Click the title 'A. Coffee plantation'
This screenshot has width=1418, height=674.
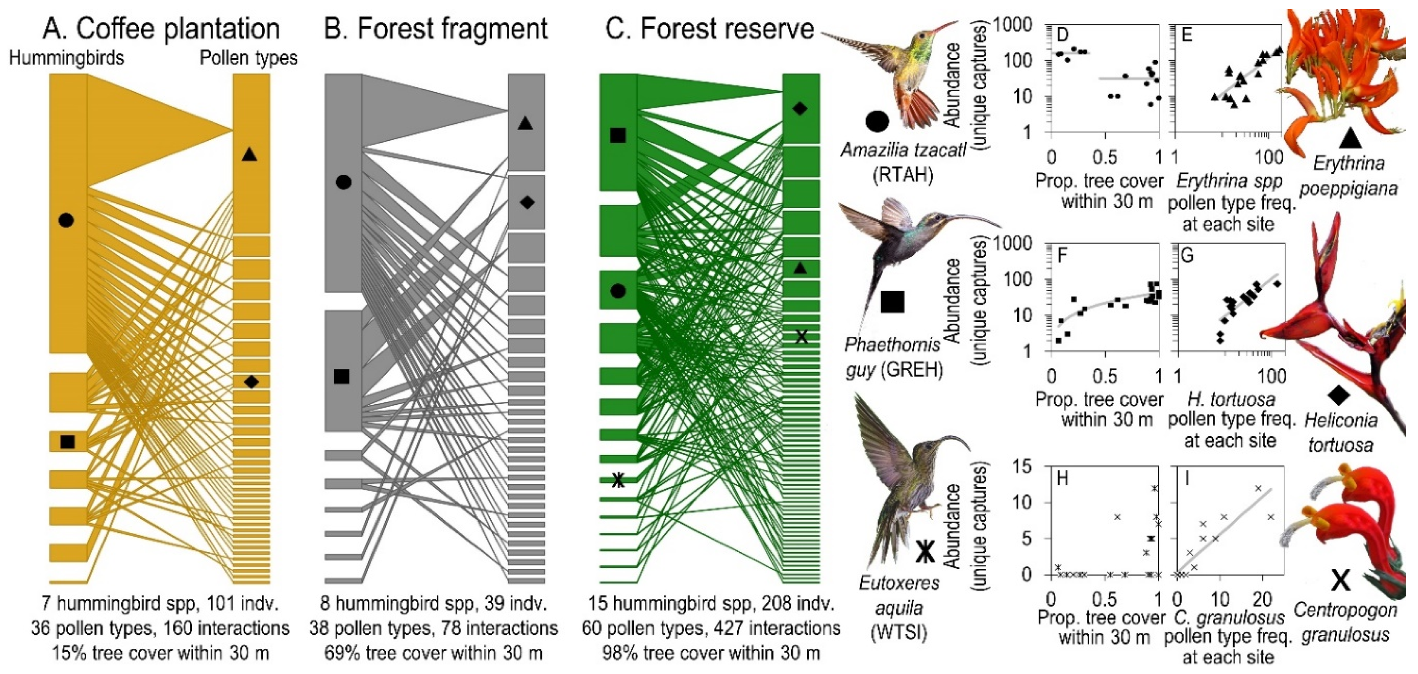[161, 29]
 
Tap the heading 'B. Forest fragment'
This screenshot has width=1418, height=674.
[436, 29]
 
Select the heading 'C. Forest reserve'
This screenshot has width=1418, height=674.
[709, 29]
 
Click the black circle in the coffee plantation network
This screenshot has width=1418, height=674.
[65, 220]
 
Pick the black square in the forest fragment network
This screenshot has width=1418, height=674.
[341, 376]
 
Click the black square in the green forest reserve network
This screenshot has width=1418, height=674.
[618, 135]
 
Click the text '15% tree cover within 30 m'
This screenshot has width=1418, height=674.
[161, 654]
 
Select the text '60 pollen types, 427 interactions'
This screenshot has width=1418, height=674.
[711, 628]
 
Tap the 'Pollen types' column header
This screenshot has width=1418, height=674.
[248, 58]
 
